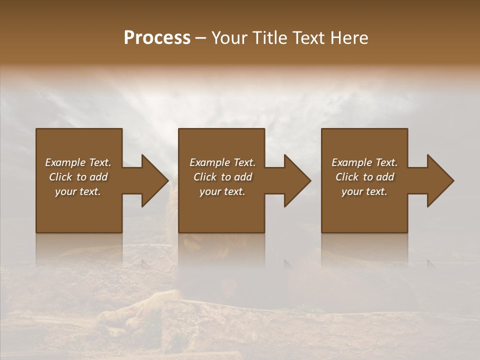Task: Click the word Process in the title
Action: point(157,38)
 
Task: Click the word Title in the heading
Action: point(270,38)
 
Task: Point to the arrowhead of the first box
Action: point(154,180)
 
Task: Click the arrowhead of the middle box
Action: point(297,180)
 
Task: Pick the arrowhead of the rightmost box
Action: point(440,180)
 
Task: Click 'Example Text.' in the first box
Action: point(78,162)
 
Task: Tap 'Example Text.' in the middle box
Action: point(222,162)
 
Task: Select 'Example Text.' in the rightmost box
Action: point(364,162)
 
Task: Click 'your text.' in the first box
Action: point(78,191)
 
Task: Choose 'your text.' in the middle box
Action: point(222,191)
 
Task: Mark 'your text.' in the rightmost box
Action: point(364,191)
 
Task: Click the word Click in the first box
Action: point(60,177)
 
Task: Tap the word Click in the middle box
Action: point(205,177)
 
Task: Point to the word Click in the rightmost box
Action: point(347,177)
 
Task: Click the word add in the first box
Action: point(98,177)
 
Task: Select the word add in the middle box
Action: point(243,177)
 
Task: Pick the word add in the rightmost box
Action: point(385,177)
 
